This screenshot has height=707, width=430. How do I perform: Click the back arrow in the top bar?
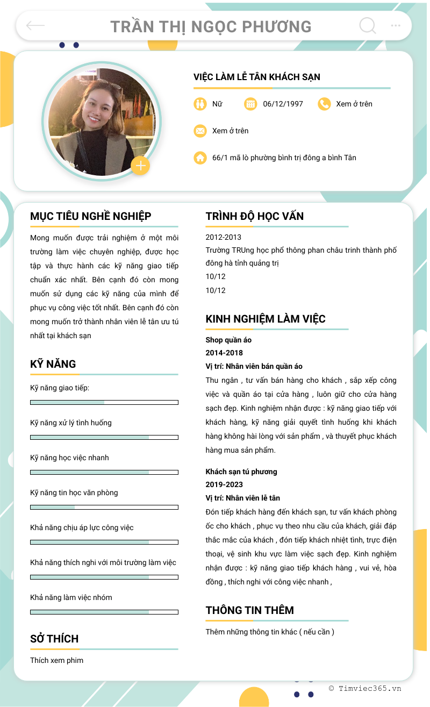coord(35,25)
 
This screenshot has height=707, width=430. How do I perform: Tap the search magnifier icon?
coord(368,25)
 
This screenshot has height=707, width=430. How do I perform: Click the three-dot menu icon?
coord(396,25)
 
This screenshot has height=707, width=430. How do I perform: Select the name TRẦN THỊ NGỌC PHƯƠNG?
coord(211,26)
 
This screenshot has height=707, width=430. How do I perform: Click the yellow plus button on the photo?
coord(140,166)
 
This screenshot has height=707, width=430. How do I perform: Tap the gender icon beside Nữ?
coord(200,104)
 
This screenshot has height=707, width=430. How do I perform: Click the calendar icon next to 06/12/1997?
coord(250,104)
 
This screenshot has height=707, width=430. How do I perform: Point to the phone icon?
coord(324,104)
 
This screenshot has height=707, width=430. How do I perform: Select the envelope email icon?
coord(200,131)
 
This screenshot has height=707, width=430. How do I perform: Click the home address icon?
coord(200,158)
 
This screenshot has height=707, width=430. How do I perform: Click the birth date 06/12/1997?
coord(283,104)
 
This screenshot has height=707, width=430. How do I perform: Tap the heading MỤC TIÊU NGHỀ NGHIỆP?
coord(90,216)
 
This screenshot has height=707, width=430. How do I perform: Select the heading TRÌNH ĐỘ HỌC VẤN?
coord(254,216)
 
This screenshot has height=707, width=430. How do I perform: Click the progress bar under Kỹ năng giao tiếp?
coord(104,402)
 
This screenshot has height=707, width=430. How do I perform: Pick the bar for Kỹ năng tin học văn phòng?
coord(104,507)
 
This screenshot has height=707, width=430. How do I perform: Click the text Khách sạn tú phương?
coord(241,472)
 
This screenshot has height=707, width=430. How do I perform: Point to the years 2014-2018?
coord(224,353)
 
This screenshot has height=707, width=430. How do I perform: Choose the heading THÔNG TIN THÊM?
coord(249,610)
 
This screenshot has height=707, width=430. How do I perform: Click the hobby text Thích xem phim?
coord(56,660)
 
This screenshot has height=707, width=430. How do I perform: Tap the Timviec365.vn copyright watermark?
coord(365,688)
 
